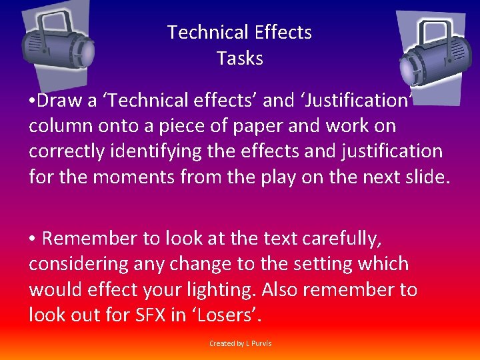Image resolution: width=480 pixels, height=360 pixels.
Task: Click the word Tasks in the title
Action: coord(240,58)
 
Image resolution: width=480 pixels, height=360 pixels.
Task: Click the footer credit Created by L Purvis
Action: coord(240,343)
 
